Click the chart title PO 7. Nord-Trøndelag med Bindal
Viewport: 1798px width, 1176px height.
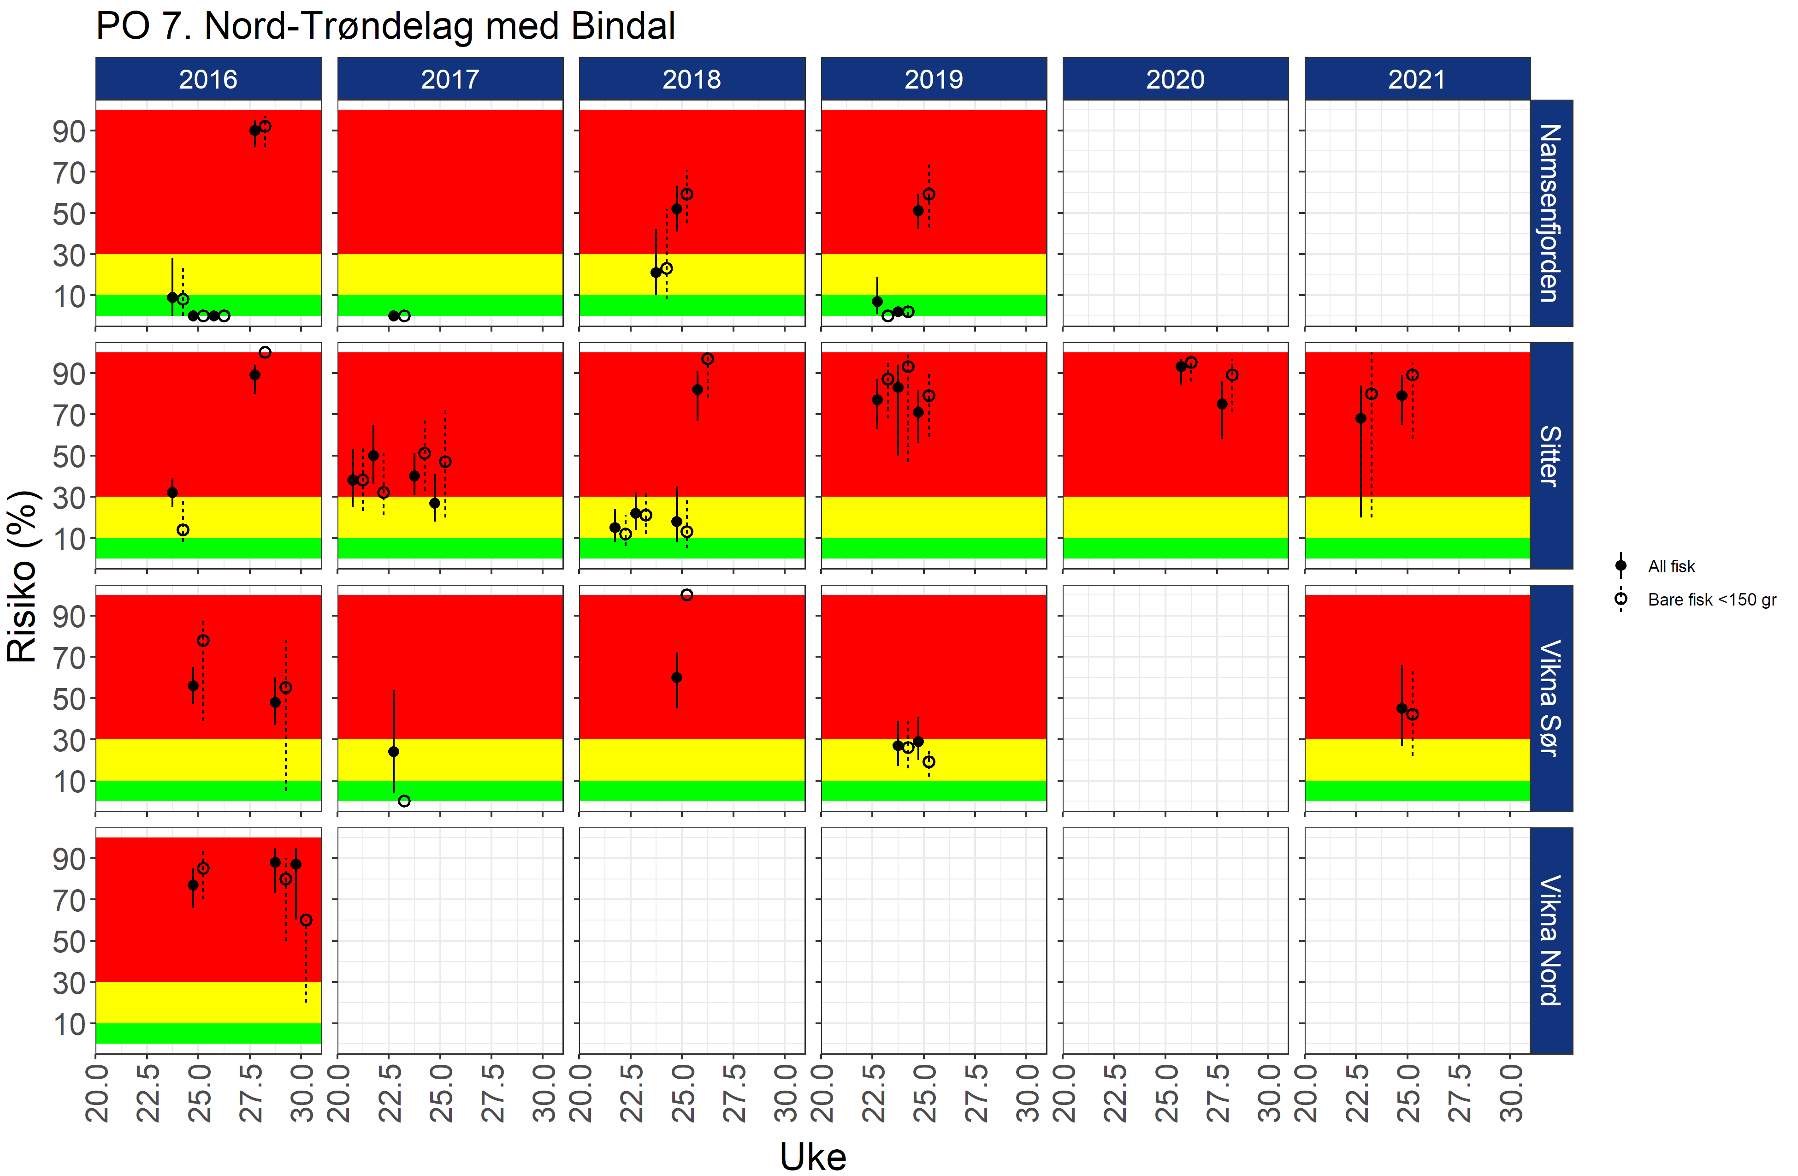tap(385, 26)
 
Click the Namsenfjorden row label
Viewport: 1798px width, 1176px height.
tap(1550, 213)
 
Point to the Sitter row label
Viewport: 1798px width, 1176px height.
tap(1550, 456)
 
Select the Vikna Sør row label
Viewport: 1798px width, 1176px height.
tap(1550, 698)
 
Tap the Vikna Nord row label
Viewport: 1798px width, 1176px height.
tap(1550, 940)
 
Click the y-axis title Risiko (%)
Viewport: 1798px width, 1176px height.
tap(23, 576)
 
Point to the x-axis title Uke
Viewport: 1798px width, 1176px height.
tap(813, 1156)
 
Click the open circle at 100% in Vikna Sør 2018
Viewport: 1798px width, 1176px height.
tap(687, 595)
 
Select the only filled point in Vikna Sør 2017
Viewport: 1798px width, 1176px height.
tap(394, 751)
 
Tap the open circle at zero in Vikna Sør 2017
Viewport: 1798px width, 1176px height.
tap(404, 801)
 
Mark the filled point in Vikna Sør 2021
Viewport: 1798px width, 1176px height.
tap(1402, 708)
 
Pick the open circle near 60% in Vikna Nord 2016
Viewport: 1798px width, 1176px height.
tap(306, 920)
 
